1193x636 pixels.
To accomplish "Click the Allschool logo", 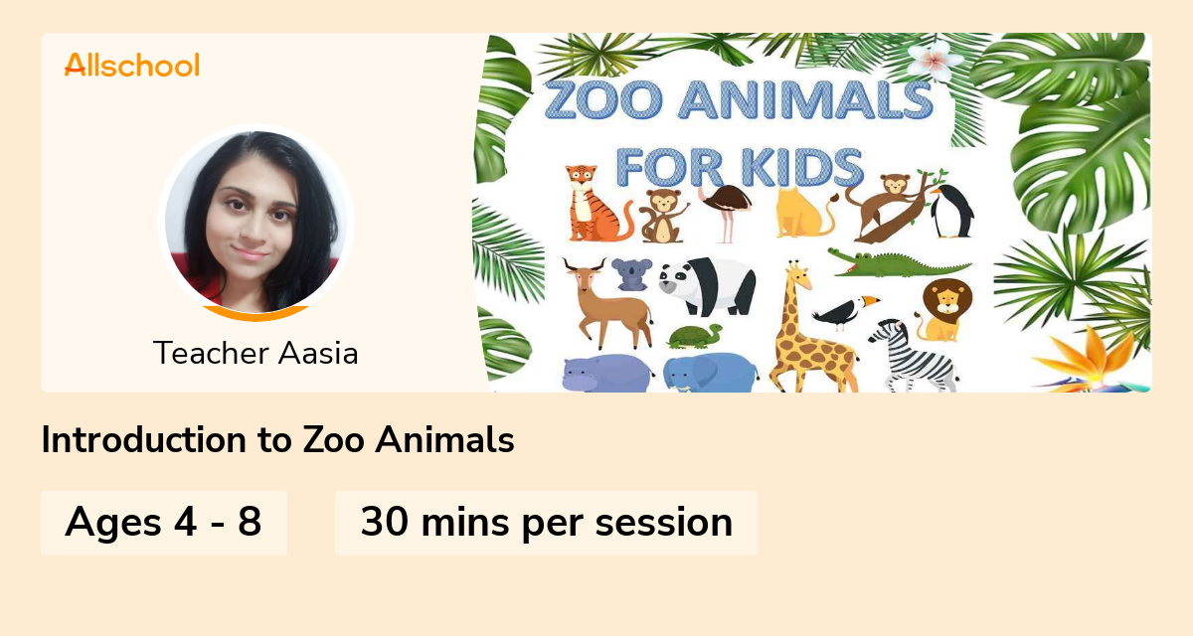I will [131, 66].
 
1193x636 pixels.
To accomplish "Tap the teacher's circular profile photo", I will [256, 222].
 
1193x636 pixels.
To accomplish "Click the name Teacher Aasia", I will [256, 353].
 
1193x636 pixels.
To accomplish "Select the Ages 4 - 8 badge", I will [163, 523].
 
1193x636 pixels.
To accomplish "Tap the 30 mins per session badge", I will [546, 523].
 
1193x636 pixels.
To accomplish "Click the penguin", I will [950, 211].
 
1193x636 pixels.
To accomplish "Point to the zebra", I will [915, 354].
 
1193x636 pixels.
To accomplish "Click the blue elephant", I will [708, 374].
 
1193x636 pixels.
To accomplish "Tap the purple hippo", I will [602, 374].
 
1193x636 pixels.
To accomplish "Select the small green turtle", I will [695, 336].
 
